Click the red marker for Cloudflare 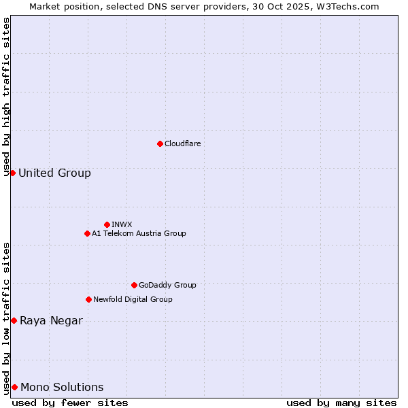160,143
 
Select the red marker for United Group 12,173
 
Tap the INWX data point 107,224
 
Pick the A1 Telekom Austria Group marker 87,233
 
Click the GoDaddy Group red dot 134,285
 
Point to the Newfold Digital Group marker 88,299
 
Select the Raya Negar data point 14,320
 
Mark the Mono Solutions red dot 14,387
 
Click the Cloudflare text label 182,143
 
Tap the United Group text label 54,173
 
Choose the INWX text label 122,224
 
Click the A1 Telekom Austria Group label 139,233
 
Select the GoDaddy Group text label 167,285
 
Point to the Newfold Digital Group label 133,299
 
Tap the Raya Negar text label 51,321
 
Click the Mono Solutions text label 62,388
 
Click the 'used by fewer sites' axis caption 70,403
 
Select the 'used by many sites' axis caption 341,403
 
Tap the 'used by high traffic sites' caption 6,97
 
